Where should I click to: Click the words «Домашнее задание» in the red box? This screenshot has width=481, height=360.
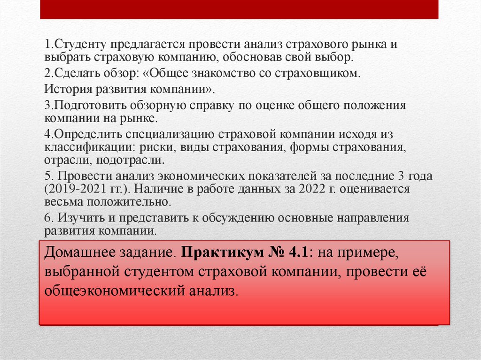tap(109, 254)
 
